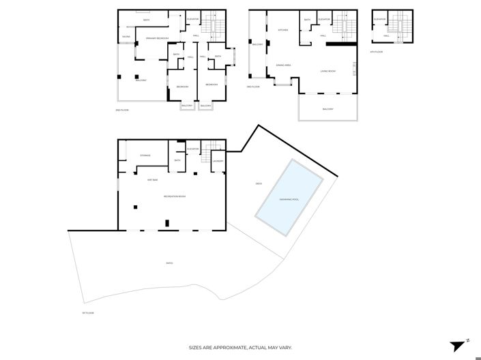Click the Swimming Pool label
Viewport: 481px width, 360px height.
[289, 199]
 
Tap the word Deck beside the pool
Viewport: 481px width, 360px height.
[259, 183]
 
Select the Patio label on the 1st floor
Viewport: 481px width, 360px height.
[169, 263]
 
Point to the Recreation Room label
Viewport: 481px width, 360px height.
[175, 196]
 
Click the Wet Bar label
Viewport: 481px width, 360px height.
[153, 180]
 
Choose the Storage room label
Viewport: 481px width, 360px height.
[145, 155]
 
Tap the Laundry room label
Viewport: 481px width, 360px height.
[218, 161]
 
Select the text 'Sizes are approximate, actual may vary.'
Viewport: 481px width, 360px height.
[240, 348]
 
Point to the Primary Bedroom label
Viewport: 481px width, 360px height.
[157, 38]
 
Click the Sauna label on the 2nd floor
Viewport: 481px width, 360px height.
[126, 37]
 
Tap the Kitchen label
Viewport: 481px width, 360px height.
[283, 30]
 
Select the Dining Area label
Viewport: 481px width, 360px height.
[285, 65]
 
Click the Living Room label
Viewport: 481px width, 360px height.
[328, 71]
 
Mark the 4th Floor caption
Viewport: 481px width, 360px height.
[376, 51]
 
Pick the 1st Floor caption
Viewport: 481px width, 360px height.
[87, 313]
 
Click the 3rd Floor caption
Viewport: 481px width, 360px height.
[252, 87]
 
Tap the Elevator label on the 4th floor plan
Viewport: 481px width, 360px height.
[379, 19]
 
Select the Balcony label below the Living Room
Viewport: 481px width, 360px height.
[328, 108]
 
